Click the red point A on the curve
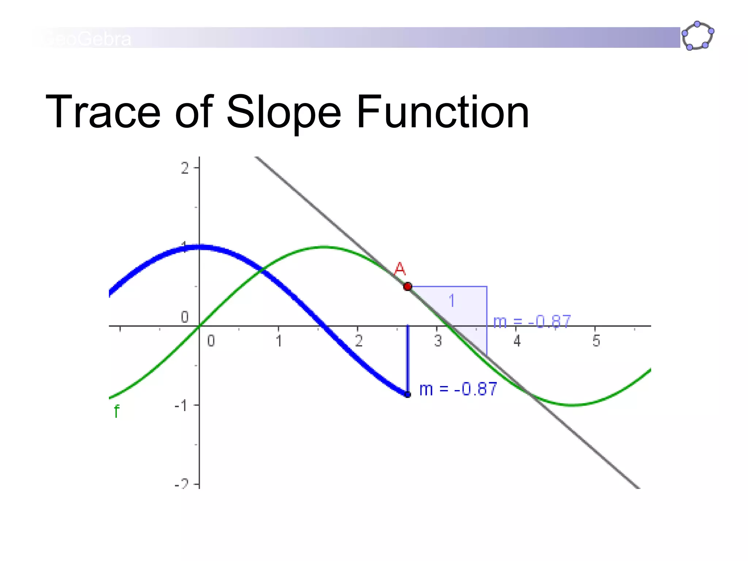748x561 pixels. point(408,287)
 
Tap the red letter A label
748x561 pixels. point(400,269)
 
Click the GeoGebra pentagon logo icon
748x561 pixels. point(697,36)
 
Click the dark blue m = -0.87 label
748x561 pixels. point(458,389)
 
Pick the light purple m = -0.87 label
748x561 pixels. point(532,322)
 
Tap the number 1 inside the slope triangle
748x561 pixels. point(452,301)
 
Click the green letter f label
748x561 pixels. point(116,412)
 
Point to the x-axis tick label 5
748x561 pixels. point(596,341)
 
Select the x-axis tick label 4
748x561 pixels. point(517,341)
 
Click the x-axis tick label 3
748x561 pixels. point(438,341)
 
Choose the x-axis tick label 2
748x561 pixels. point(359,341)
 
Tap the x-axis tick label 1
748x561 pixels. point(279,341)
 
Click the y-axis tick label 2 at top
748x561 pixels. point(185,168)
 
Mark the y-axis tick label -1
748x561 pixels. point(182,405)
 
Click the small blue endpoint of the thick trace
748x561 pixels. point(408,394)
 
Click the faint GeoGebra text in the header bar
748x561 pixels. point(88,39)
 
